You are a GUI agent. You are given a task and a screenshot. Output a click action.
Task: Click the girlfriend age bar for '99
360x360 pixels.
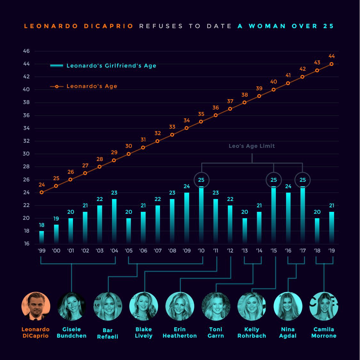click(x=42, y=237)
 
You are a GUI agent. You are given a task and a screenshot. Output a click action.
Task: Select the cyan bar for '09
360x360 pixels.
click(x=187, y=218)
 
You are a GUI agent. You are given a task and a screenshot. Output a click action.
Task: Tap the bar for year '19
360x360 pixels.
click(x=332, y=227)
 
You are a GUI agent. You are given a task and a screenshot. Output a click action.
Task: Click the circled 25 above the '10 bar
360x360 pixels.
click(x=201, y=180)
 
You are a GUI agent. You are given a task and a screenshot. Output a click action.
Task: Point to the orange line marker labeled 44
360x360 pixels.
click(x=332, y=64)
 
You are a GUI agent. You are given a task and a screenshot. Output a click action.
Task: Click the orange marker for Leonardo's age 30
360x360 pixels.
click(x=129, y=154)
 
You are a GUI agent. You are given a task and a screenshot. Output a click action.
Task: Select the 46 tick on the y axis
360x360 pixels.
click(x=26, y=51)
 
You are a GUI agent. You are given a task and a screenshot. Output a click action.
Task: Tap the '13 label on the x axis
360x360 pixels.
click(x=245, y=251)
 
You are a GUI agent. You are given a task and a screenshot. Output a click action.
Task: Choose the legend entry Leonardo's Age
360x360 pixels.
click(x=92, y=86)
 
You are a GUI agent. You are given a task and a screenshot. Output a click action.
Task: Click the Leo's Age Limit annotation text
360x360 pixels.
click(x=252, y=146)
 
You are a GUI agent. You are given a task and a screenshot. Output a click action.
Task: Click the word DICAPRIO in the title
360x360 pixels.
click(x=109, y=26)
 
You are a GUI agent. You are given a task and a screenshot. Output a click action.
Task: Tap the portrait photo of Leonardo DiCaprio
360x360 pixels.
click(x=36, y=306)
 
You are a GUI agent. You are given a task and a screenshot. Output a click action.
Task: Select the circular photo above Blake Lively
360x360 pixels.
click(x=144, y=306)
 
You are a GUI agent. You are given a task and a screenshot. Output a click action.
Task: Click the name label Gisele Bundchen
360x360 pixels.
click(x=72, y=332)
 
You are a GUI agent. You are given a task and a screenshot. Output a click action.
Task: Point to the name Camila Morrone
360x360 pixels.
click(x=324, y=332)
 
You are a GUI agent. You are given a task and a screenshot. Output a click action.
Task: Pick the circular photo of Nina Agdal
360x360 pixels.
click(x=288, y=306)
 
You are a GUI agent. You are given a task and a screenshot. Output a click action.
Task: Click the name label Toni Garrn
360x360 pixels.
click(x=216, y=332)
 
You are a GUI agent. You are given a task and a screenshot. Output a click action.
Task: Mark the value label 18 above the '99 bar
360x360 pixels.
click(x=42, y=225)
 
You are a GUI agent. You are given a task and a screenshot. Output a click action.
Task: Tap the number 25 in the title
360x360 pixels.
click(x=328, y=26)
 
